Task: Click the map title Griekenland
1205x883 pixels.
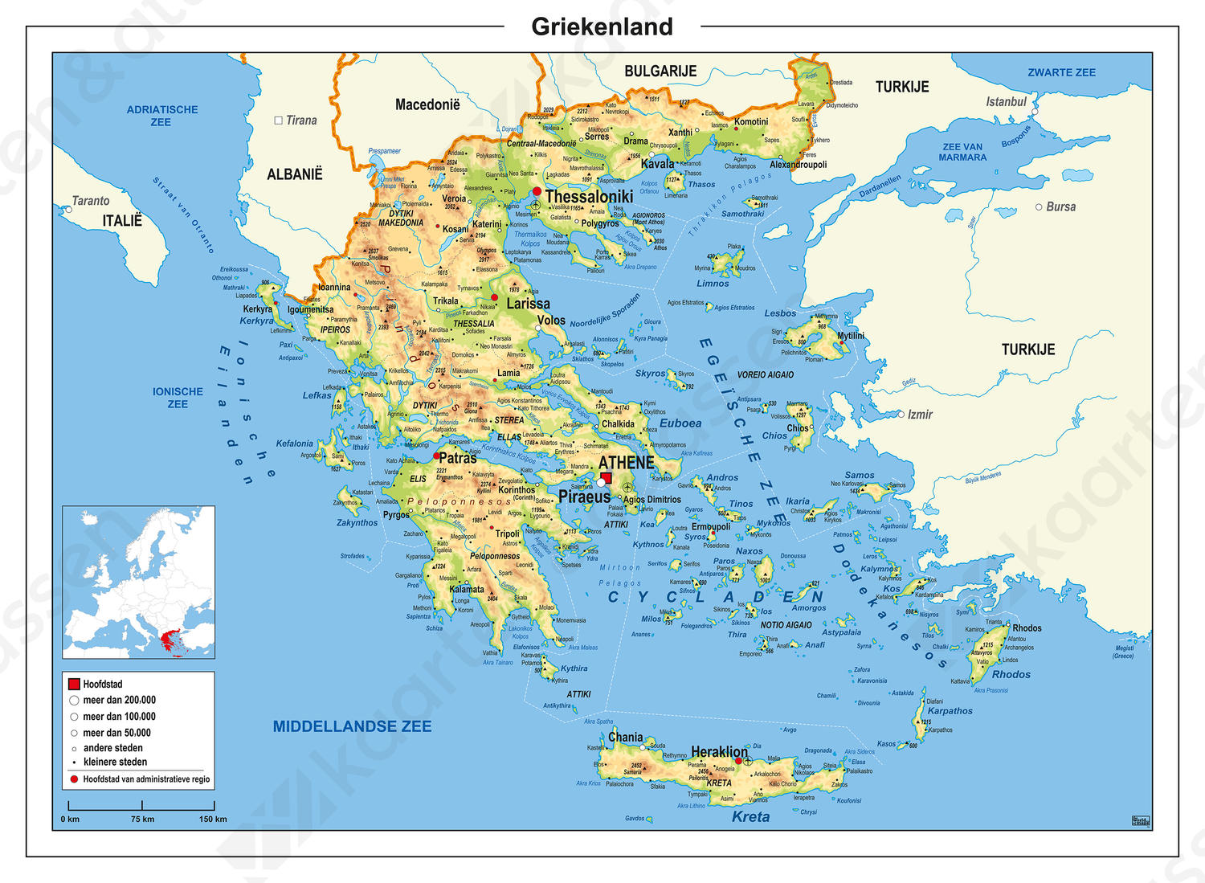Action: pyautogui.click(x=602, y=27)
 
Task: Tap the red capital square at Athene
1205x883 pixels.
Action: pyautogui.click(x=606, y=477)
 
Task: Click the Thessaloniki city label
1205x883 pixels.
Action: pyautogui.click(x=589, y=197)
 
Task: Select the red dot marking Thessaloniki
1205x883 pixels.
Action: pyautogui.click(x=537, y=191)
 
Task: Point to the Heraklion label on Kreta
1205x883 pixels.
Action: pyautogui.click(x=719, y=752)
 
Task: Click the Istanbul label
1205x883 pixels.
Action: pyautogui.click(x=1006, y=102)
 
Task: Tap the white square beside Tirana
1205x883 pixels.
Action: pyautogui.click(x=279, y=121)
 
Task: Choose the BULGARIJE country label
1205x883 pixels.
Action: pyautogui.click(x=660, y=72)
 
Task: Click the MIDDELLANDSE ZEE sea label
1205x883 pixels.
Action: pyautogui.click(x=352, y=726)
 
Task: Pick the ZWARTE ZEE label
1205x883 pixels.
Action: pyautogui.click(x=1061, y=72)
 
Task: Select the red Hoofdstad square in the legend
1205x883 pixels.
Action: pyautogui.click(x=74, y=685)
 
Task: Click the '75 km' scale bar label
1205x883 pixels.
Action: pyautogui.click(x=142, y=819)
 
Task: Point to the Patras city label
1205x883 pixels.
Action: pyautogui.click(x=457, y=458)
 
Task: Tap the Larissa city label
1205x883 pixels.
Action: pyautogui.click(x=528, y=304)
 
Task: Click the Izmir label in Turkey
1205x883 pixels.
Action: pyautogui.click(x=920, y=415)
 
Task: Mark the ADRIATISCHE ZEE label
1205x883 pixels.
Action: pyautogui.click(x=161, y=116)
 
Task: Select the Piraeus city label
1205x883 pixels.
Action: pyautogui.click(x=584, y=497)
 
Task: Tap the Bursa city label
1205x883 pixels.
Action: pyautogui.click(x=1060, y=206)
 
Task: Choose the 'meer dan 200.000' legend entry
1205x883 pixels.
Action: pyautogui.click(x=119, y=701)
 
